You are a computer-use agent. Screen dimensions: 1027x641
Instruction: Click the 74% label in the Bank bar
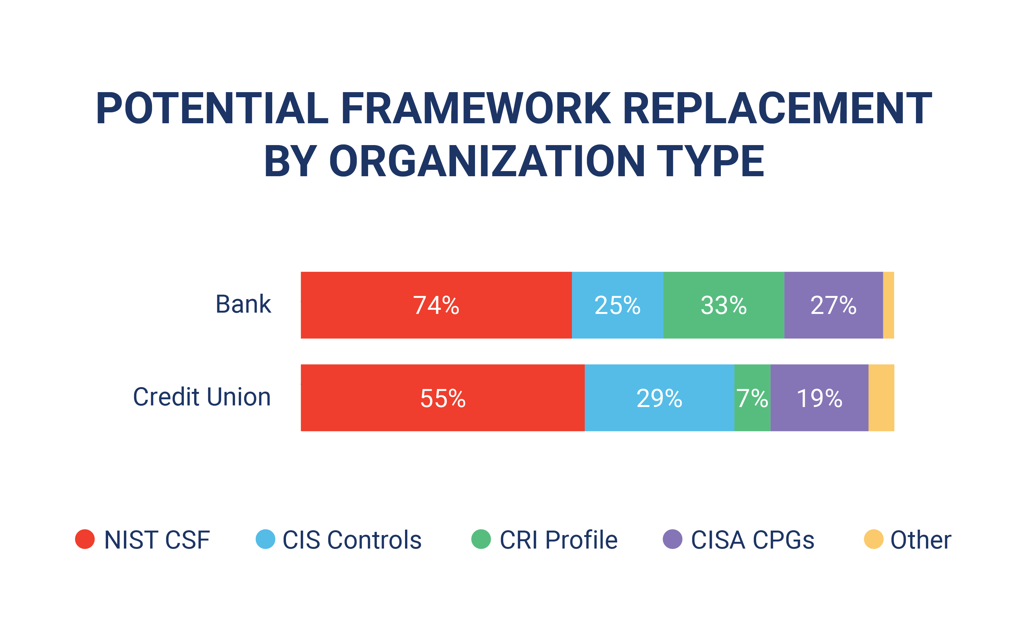[436, 305]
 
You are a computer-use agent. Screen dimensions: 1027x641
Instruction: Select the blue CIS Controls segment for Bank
[617, 305]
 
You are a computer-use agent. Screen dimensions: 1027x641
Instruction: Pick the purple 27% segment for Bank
[833, 305]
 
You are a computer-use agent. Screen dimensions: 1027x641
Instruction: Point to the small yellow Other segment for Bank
[888, 305]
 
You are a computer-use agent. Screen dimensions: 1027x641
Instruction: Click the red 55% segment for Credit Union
[443, 398]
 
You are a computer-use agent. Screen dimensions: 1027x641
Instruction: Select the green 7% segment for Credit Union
[752, 398]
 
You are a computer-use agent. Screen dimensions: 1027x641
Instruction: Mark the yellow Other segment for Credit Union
[881, 398]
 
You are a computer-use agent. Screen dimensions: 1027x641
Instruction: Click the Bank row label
[243, 304]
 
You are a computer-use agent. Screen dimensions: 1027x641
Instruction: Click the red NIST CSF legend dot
[85, 539]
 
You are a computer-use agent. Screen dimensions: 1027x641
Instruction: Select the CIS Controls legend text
[352, 540]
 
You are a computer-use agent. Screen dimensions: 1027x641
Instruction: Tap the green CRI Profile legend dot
[481, 539]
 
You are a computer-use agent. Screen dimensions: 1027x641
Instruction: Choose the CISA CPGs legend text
[752, 540]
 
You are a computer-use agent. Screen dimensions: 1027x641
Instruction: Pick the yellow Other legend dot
[874, 539]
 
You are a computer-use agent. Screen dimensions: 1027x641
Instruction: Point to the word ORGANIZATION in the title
[487, 161]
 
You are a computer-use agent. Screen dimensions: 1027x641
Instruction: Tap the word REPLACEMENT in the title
[777, 108]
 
